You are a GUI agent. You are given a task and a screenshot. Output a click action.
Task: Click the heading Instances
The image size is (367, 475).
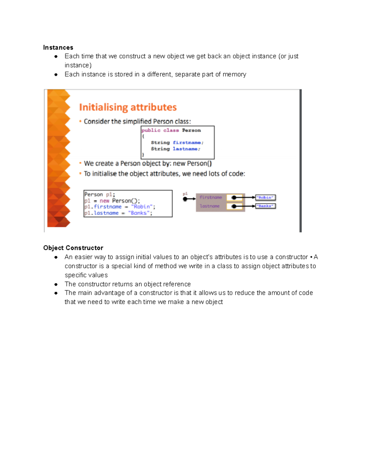click(x=58, y=47)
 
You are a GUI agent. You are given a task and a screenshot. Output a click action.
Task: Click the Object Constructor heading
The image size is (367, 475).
click(x=73, y=248)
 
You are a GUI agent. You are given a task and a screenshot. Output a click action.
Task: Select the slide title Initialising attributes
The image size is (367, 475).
click(x=128, y=107)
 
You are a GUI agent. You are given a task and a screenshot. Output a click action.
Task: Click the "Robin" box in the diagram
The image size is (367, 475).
click(x=265, y=198)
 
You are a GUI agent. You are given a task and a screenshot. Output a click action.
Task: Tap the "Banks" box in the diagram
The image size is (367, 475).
click(x=265, y=206)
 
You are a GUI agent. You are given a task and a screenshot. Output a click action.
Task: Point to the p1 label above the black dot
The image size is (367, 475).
click(x=185, y=194)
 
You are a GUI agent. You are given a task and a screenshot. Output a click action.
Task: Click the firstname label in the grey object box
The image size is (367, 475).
click(x=211, y=198)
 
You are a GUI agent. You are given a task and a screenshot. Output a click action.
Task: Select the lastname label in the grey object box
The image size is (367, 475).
click(x=210, y=206)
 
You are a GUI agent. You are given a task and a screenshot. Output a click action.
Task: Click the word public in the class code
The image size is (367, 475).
click(x=151, y=130)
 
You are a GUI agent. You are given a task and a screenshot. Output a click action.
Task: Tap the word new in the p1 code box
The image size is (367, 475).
click(x=104, y=201)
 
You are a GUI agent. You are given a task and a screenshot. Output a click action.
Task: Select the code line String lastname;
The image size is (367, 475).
click(x=176, y=149)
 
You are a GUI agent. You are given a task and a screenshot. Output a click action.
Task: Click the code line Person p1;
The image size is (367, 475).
click(x=100, y=195)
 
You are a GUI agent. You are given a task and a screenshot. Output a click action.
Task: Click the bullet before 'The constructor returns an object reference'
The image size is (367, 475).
click(x=56, y=284)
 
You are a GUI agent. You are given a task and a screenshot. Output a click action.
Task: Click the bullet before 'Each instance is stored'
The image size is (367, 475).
click(x=56, y=75)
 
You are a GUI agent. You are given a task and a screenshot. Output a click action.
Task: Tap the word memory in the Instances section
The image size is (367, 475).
click(x=234, y=74)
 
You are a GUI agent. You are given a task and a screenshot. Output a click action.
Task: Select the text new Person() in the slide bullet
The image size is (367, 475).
click(x=192, y=164)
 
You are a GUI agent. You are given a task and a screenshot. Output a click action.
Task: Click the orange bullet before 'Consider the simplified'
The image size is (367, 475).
click(x=80, y=121)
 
